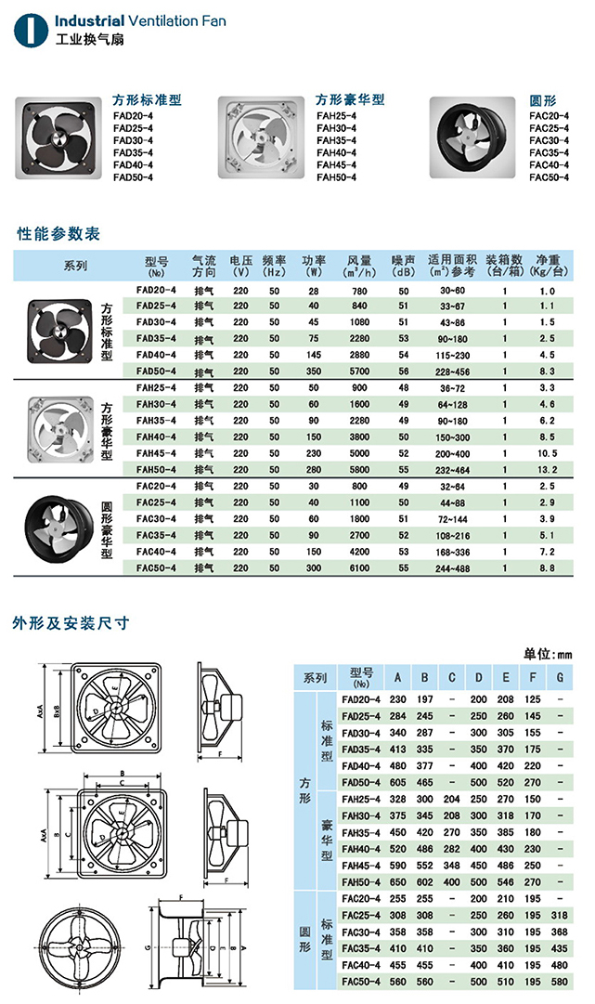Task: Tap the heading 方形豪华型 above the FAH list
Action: [x=349, y=99]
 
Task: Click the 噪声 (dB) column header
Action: [x=403, y=267]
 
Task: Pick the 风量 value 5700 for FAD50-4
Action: [x=359, y=371]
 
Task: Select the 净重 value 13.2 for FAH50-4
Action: [x=547, y=469]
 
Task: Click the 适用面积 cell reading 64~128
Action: [x=452, y=404]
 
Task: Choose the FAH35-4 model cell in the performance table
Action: [x=156, y=420]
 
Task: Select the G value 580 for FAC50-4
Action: [x=560, y=982]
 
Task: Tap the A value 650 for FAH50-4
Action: [x=397, y=880]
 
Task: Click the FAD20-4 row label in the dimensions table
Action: [x=361, y=698]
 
